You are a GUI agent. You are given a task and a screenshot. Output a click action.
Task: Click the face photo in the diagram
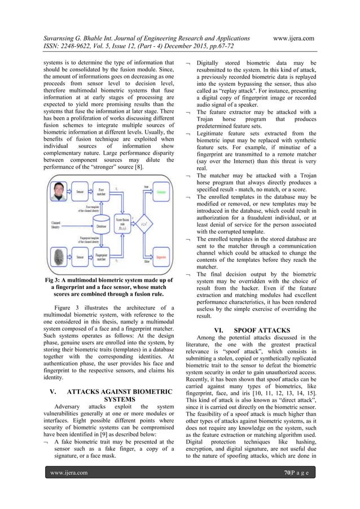[x=58, y=192]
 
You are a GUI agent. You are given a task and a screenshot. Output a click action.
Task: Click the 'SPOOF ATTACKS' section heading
[x=251, y=328]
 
